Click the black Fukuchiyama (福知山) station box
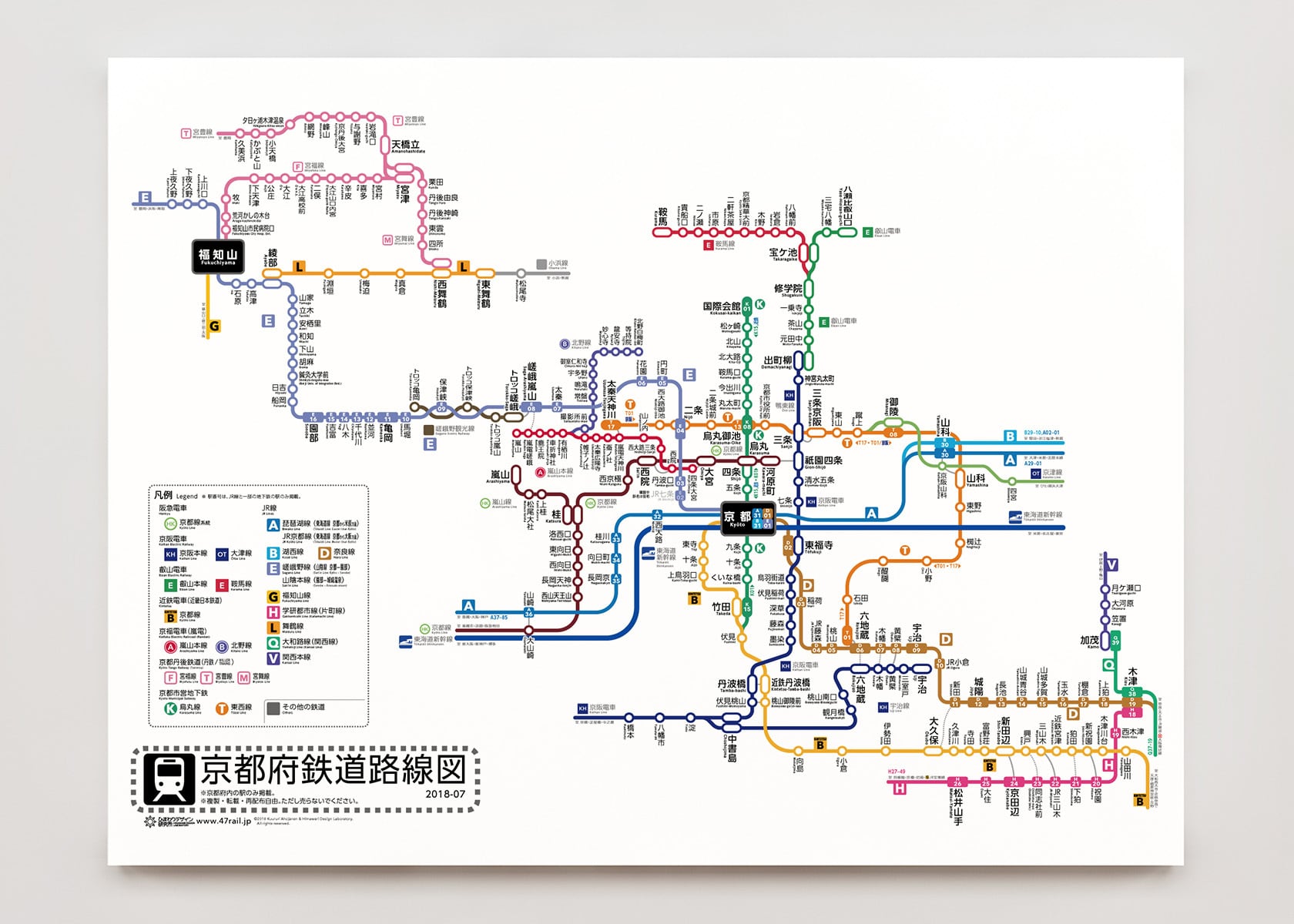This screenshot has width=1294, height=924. point(218,257)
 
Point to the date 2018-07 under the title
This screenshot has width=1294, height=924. point(445,794)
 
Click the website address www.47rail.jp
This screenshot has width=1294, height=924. point(223,821)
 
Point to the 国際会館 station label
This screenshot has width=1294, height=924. point(721,307)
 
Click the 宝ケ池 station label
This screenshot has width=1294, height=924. point(783,253)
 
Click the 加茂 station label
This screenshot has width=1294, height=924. point(1089,641)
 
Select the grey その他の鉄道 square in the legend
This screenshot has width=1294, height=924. point(273,708)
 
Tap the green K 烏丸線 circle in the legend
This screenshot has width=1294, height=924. point(170,708)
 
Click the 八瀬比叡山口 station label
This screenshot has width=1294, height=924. point(847,205)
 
